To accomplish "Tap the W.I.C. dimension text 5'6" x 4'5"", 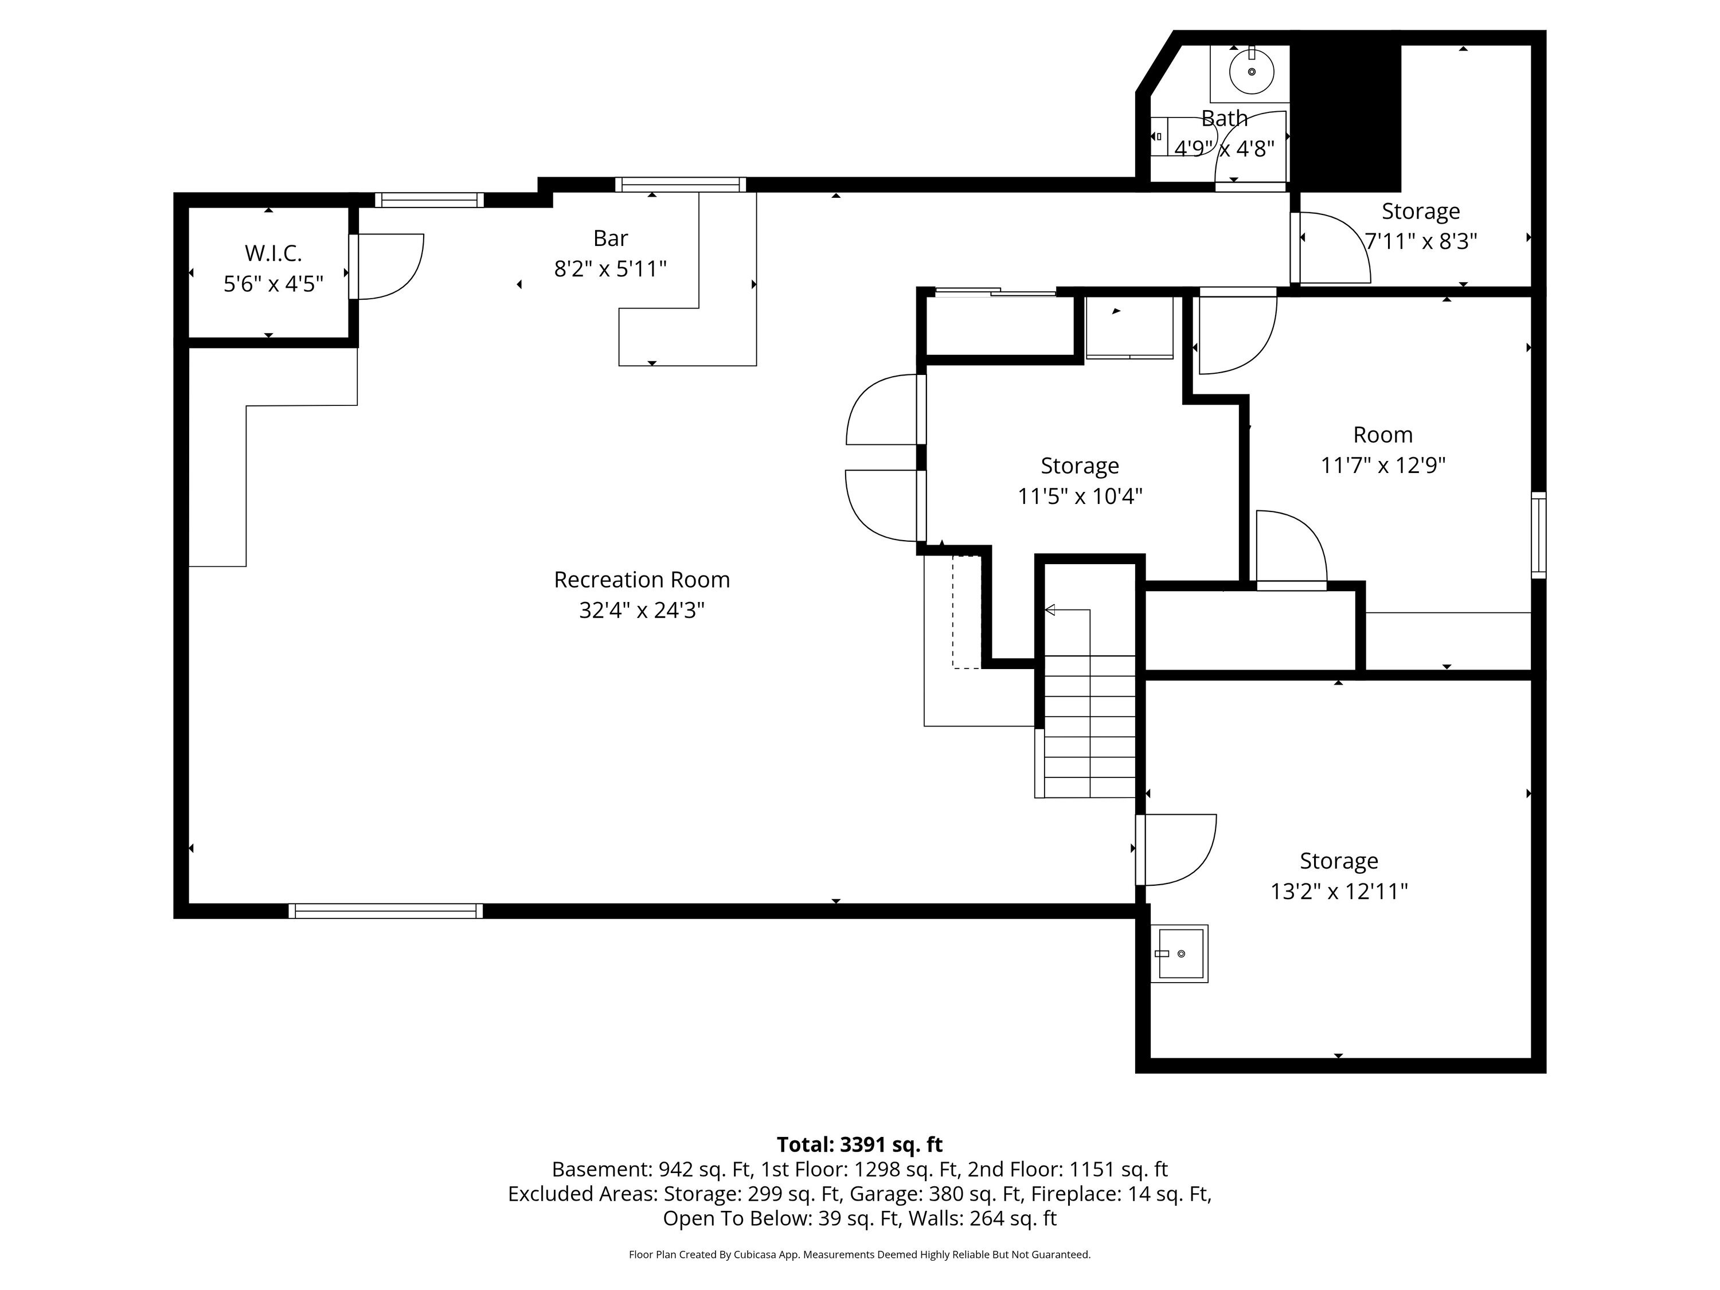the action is tap(273, 284).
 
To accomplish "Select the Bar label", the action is tap(611, 238).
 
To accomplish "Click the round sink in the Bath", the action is tap(1251, 72).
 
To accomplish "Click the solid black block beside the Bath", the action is tap(1346, 116).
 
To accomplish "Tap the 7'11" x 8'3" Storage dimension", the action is tap(1421, 241).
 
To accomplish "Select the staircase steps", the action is tap(1089, 726).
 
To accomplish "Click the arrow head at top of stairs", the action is tap(1050, 609).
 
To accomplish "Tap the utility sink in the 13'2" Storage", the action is tap(1179, 953).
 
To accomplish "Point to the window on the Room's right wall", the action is tap(1539, 535).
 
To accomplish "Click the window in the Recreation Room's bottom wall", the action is tap(386, 910).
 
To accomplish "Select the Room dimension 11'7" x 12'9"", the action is tap(1382, 465).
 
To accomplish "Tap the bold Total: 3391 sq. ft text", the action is tap(859, 1144).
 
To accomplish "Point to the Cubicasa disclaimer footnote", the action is tap(859, 1254).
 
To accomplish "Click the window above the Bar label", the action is tap(681, 184).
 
